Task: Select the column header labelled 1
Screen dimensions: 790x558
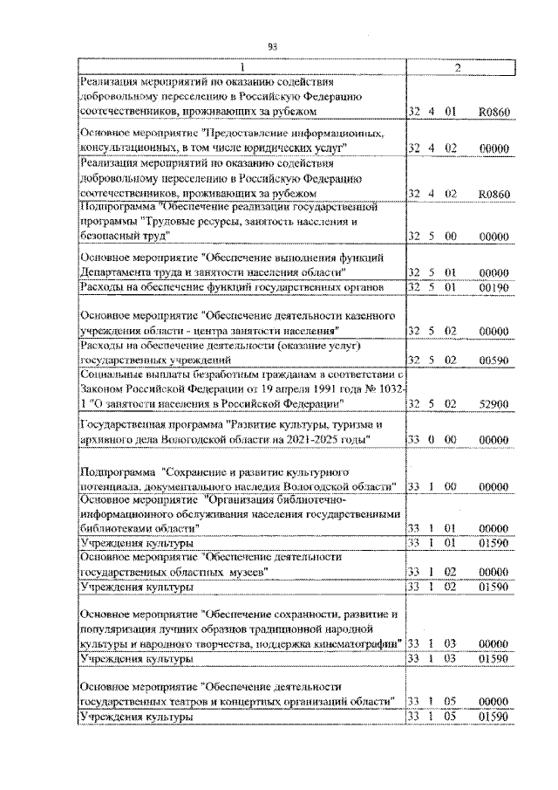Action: tap(242, 67)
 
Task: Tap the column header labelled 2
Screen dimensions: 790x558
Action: tap(459, 67)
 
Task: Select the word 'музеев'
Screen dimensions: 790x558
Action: tap(245, 572)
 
